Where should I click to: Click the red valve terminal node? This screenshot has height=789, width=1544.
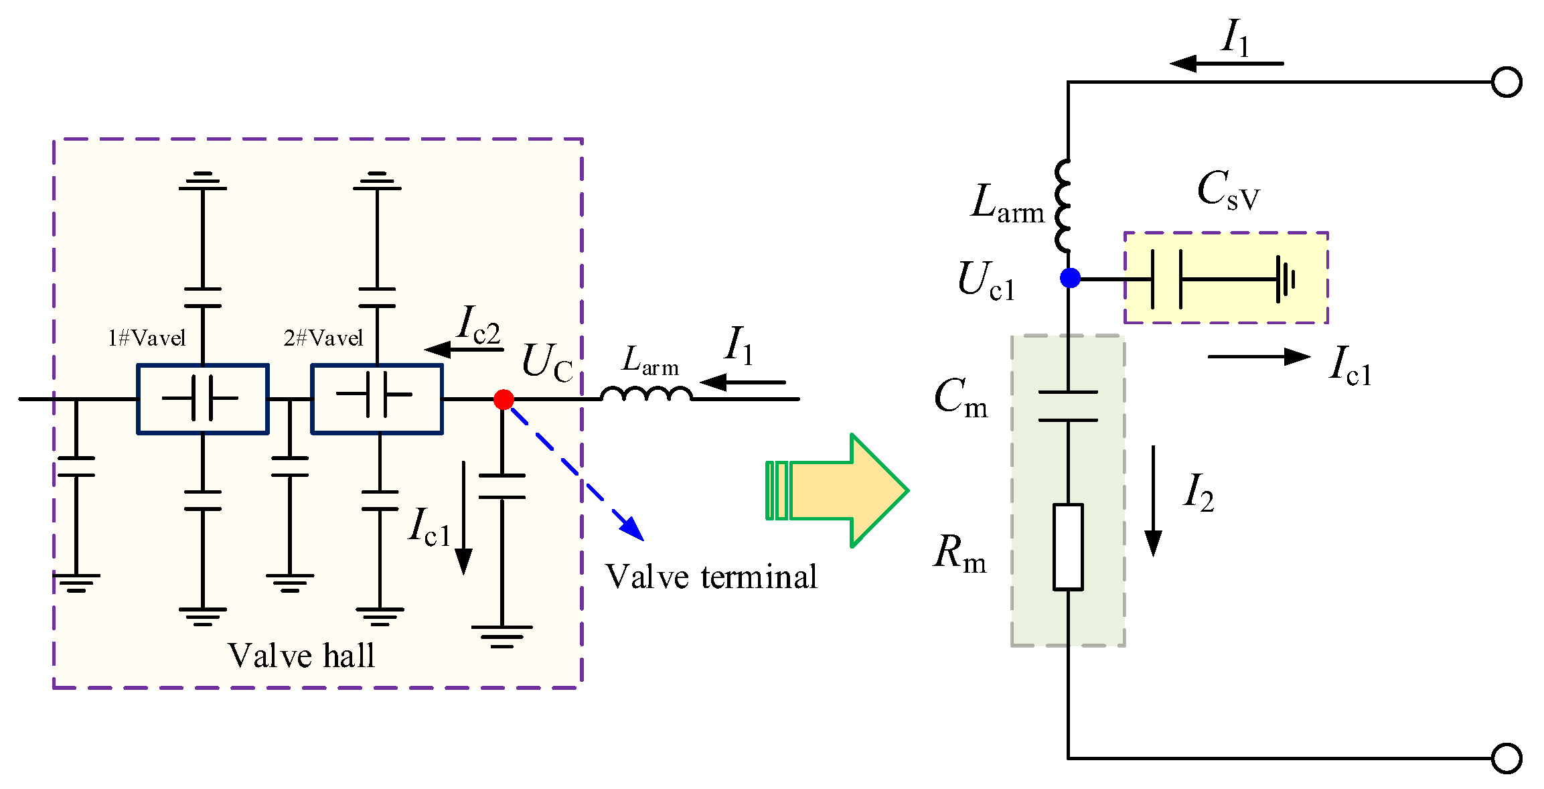504,400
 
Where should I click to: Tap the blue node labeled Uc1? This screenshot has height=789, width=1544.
1070,277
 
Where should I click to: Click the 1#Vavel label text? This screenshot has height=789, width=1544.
147,338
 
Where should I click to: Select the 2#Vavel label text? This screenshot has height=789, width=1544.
323,338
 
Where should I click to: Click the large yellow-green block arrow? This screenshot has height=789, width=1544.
844,490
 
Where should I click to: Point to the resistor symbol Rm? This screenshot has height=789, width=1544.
1068,547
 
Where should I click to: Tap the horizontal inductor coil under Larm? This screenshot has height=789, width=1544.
646,394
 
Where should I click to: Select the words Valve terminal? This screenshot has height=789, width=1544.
711,577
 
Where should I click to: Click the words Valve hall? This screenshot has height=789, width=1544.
301,655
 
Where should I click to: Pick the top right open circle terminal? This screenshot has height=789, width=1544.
1507,82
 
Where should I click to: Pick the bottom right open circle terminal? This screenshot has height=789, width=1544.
1507,758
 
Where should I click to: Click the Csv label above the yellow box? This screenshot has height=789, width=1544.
1228,190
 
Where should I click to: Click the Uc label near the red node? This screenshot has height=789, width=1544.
547,363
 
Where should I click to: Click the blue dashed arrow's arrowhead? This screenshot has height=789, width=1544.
633,529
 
